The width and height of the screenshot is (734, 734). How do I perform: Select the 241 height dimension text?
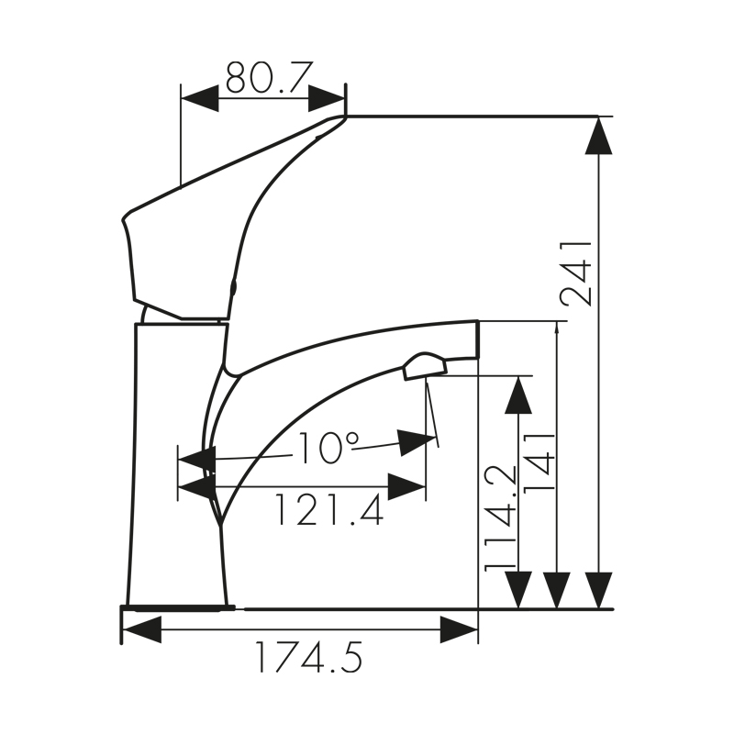click(x=577, y=272)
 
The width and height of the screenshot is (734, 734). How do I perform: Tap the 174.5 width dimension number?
click(x=308, y=658)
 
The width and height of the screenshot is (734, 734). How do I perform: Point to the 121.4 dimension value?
click(x=328, y=510)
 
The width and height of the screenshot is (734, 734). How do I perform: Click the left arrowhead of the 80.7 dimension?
click(x=199, y=98)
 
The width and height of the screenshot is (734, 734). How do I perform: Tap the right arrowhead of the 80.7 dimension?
click(x=328, y=98)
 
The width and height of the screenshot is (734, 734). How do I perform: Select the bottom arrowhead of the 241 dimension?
click(x=598, y=590)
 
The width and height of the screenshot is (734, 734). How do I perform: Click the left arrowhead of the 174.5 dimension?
click(x=141, y=629)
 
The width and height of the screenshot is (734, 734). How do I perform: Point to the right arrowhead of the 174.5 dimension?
click(x=459, y=629)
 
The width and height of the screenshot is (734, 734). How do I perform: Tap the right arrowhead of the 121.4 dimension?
click(x=406, y=487)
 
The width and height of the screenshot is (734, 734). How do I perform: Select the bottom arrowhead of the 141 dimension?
click(x=557, y=590)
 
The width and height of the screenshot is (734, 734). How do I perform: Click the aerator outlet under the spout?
click(x=424, y=367)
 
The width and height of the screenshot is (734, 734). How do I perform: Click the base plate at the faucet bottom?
click(x=180, y=606)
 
